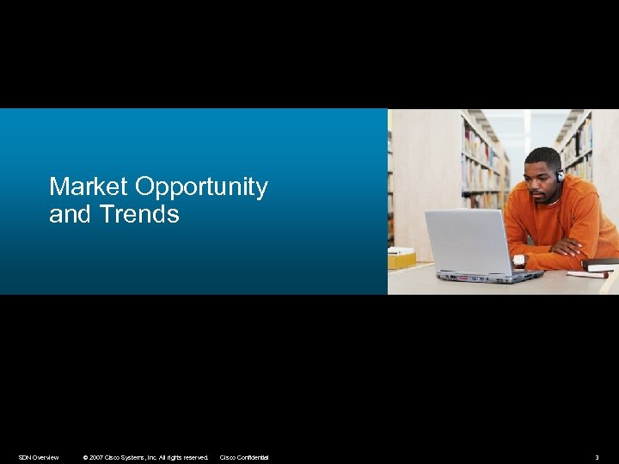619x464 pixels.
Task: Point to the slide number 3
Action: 597,457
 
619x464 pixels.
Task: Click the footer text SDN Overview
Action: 39,457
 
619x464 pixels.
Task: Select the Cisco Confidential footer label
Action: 244,457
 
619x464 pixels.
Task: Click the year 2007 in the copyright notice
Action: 96,457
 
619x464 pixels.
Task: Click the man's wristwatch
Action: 518,259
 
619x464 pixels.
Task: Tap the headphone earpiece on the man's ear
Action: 561,175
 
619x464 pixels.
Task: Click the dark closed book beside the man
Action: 600,264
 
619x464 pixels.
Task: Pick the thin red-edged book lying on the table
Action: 587,274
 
